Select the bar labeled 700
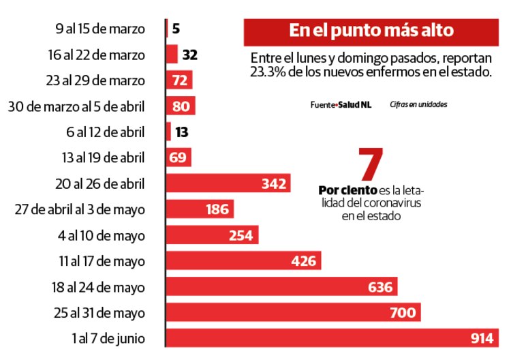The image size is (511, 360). pos(293,312)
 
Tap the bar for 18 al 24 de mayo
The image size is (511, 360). pos(282,286)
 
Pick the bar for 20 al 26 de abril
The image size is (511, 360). pos(228,183)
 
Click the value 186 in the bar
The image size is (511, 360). pos(217,209)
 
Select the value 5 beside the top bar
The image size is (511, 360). pos(176,29)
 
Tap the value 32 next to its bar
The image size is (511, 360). pos(189,55)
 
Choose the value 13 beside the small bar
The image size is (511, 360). pos(183,132)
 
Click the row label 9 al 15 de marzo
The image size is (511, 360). pos(100,29)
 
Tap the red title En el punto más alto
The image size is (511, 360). pos(371,31)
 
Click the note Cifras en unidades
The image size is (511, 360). pos(418,105)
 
